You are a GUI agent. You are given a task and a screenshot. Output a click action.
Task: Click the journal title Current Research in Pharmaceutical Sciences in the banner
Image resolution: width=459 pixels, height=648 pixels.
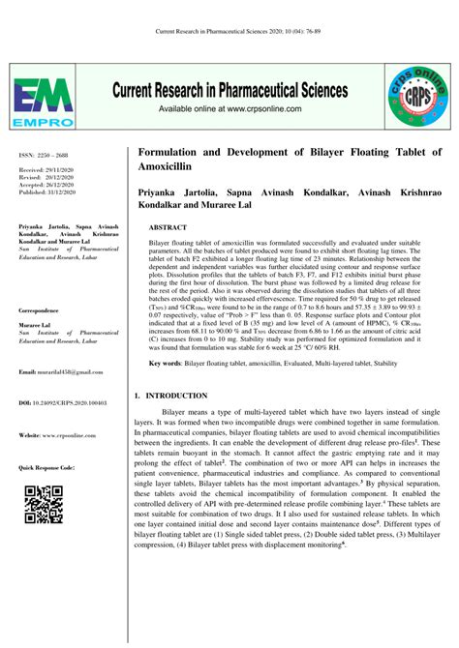229,91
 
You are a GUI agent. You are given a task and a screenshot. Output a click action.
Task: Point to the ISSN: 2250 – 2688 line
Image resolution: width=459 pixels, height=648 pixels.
42,156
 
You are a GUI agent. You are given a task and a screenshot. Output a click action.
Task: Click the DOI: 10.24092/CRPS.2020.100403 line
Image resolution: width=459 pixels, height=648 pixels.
62,400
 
